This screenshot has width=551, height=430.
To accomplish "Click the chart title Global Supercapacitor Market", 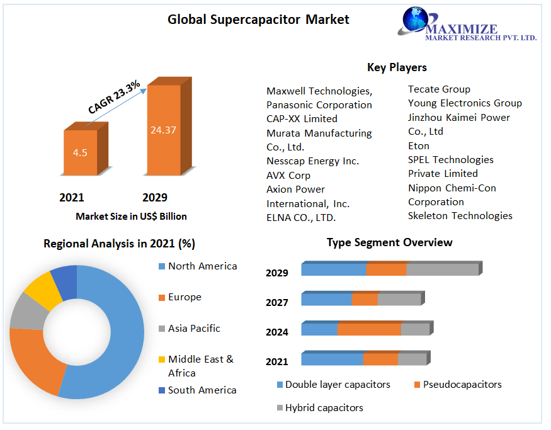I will point(258,20).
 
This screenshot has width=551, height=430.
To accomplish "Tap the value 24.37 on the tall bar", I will point(163,130).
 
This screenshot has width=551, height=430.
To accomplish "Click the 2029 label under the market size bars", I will point(155,198).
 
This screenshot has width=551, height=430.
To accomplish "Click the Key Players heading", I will point(397,67).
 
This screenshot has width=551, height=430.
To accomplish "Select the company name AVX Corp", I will point(288,175).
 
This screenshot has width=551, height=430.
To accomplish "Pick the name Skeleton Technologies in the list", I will point(460,216).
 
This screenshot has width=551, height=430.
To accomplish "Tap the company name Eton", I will point(418,145).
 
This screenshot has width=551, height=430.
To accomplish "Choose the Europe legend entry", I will point(185,297).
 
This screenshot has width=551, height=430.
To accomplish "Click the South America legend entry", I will point(202,390).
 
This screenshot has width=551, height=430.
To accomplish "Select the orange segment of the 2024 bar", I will point(369,329).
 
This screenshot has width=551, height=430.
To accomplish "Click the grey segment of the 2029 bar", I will point(442,269).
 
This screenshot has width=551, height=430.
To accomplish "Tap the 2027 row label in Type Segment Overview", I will point(277,303).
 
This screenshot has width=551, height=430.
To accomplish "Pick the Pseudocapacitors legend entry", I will point(462,385).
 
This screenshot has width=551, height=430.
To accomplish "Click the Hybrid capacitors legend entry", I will point(324,408).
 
